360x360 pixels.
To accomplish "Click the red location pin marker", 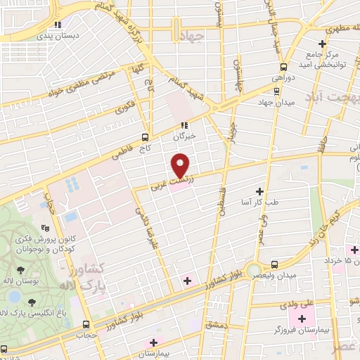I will [x=181, y=165].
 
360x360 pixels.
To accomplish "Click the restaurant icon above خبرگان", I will [x=184, y=126].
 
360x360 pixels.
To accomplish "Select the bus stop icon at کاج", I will [x=145, y=137].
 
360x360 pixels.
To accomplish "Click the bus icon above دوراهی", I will [x=276, y=90].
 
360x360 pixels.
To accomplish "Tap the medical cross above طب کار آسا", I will [x=259, y=191].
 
